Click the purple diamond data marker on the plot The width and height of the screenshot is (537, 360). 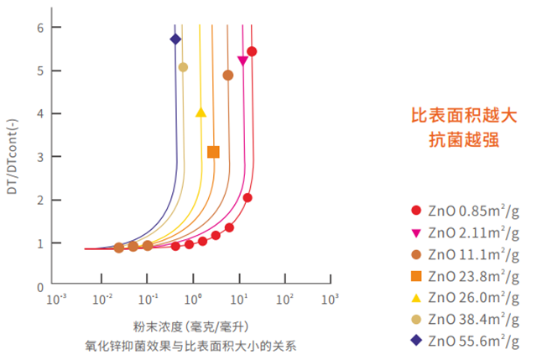tap(175, 39)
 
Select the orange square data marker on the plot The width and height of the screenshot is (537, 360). tap(213, 152)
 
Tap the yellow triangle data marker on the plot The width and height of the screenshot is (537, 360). tap(201, 112)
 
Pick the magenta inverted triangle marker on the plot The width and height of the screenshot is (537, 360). tap(242, 60)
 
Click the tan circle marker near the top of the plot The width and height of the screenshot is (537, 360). tap(183, 67)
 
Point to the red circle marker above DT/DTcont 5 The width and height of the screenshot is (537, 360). tap(252, 52)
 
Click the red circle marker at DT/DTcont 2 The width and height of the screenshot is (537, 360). tap(248, 198)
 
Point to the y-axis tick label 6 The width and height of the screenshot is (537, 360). tap(39, 28)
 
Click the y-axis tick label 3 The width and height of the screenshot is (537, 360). tap(39, 157)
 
